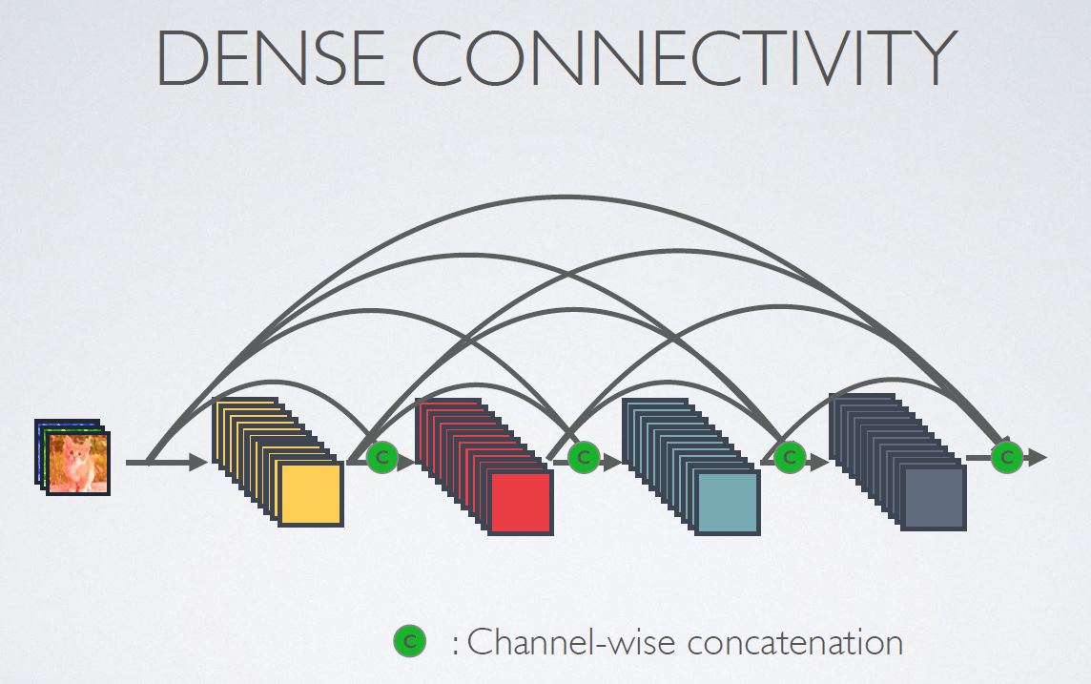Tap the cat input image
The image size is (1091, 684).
click(x=78, y=463)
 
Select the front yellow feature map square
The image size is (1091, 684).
click(x=310, y=492)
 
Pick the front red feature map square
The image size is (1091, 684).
click(x=521, y=502)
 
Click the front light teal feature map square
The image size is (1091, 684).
click(x=728, y=502)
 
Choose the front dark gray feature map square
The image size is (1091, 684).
click(x=934, y=497)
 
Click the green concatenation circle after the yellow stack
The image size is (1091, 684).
click(x=381, y=458)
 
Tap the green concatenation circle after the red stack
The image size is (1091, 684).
click(x=583, y=458)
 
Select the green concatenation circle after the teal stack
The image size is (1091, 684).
click(x=789, y=458)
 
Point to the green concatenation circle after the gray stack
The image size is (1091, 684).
click(x=1006, y=458)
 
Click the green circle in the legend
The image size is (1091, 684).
click(x=409, y=642)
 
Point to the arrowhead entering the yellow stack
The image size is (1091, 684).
click(x=197, y=463)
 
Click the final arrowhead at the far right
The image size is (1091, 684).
click(x=1038, y=458)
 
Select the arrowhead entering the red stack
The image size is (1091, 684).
click(x=407, y=463)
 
